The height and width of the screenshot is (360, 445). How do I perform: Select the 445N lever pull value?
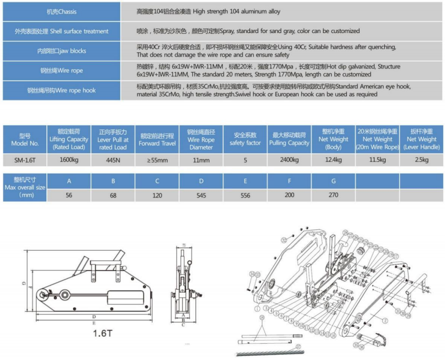click(113, 159)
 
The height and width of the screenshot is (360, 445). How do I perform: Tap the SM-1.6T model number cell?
click(24, 159)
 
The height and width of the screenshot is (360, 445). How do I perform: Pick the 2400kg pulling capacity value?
click(290, 159)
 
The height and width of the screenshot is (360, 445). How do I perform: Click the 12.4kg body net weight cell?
click(333, 159)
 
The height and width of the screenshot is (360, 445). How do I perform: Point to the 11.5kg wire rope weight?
click(378, 159)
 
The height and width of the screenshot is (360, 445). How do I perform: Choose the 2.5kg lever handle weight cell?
click(422, 159)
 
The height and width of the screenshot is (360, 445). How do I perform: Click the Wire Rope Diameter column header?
click(201, 139)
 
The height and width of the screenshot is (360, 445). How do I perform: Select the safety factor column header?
click(245, 139)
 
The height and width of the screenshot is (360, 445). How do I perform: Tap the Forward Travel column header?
click(157, 139)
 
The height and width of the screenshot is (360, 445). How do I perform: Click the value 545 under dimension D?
click(201, 196)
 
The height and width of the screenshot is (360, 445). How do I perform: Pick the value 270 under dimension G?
click(333, 196)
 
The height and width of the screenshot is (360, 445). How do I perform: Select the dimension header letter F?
click(290, 181)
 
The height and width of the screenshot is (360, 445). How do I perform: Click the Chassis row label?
click(60, 12)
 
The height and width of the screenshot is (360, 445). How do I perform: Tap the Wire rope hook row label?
click(60, 91)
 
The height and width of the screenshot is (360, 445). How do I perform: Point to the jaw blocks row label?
click(60, 51)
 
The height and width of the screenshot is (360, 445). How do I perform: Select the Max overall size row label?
click(24, 188)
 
